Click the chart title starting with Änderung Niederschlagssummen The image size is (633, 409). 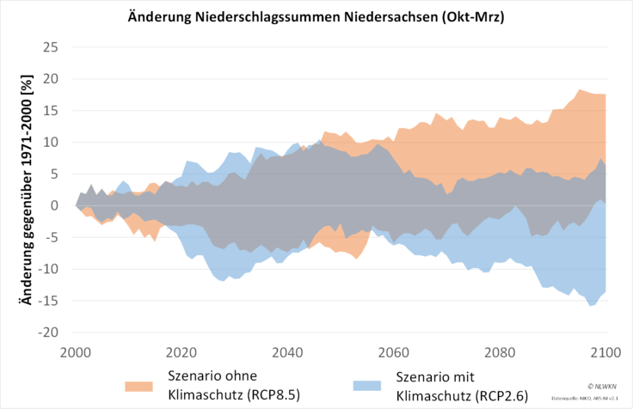click(316, 16)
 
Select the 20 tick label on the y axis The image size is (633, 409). click(51, 79)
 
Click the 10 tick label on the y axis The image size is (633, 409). click(51, 143)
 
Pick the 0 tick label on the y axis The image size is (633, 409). click(55, 205)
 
